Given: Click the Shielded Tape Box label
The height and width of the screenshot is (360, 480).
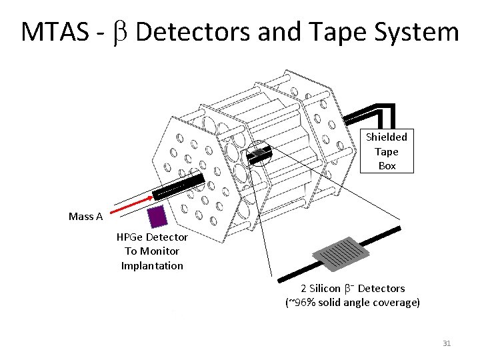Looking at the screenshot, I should coord(387,151).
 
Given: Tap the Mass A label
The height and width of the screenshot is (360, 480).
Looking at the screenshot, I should coord(85,216).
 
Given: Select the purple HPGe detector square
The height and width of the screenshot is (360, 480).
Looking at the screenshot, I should coord(157,217).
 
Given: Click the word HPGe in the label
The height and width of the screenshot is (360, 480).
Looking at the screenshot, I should coord(130,237).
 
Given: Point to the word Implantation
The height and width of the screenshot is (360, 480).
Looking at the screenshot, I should coord(152,266).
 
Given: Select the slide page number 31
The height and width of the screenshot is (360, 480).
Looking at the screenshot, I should coord(447,343).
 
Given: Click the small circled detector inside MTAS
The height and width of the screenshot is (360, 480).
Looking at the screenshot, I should coord(259,154).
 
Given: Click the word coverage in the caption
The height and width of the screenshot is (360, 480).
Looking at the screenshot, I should coord(397,303).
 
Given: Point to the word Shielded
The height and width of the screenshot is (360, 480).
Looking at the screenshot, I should coord(387,137).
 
